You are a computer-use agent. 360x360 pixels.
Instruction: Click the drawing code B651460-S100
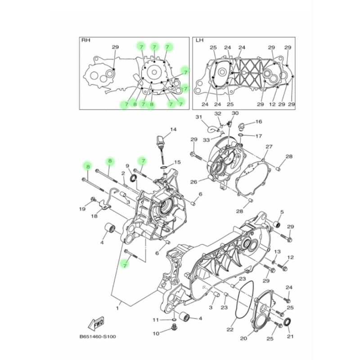click(x=98, y=337)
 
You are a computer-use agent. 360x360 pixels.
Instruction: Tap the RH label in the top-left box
click(x=85, y=40)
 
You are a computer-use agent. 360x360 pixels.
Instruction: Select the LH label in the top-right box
click(x=199, y=40)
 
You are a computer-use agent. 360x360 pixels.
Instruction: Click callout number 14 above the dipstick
click(x=173, y=130)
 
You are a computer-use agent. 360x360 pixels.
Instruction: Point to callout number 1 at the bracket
click(x=117, y=308)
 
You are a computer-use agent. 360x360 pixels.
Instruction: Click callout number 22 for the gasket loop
click(x=230, y=329)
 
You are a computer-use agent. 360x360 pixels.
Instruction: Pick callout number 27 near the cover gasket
click(x=269, y=147)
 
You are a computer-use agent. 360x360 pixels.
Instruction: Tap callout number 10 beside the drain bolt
click(x=156, y=333)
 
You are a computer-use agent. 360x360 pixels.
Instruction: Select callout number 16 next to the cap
click(x=258, y=121)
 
